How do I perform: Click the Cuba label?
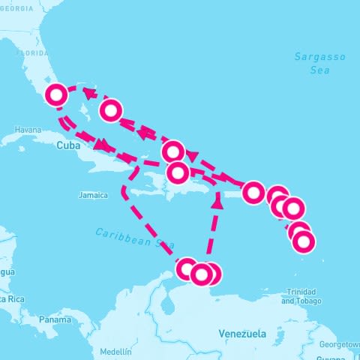click(x=67, y=146)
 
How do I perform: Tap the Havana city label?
click(x=28, y=130)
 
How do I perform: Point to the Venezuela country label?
click(x=241, y=333)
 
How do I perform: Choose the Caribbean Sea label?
click(x=135, y=238)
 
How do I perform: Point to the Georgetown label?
click(x=340, y=344)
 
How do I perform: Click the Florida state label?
click(x=31, y=53)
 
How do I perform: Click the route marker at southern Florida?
click(x=56, y=95)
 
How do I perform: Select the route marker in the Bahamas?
click(x=110, y=110)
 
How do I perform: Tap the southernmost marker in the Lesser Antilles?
click(x=303, y=241)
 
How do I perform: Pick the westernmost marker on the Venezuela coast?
click(x=187, y=268)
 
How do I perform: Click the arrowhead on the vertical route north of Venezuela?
click(x=217, y=201)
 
